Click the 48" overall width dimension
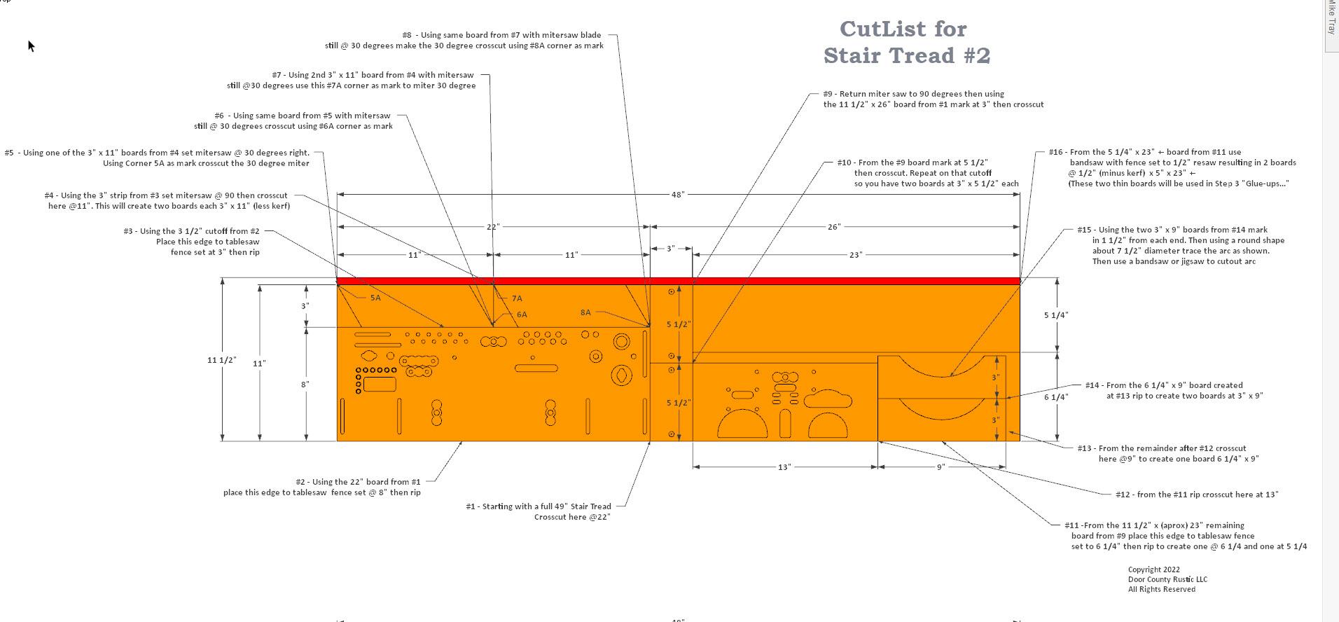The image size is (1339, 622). coord(677,194)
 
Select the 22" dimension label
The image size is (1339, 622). coord(492,227)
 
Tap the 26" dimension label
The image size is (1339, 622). coord(833,227)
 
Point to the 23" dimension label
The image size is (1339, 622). coord(855,255)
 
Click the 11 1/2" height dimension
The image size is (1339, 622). coord(221,360)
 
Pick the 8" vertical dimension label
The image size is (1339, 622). coord(305,385)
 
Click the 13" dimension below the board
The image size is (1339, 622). coord(784,467)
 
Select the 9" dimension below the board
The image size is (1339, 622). coord(941,467)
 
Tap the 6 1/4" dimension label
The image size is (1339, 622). coord(1055,397)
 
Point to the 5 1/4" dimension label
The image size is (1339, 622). coord(1055,315)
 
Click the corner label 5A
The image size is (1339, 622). coord(375,298)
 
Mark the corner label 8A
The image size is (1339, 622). coord(585,312)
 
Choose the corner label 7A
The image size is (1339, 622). coord(517,298)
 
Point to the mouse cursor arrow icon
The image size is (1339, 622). coord(31,46)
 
